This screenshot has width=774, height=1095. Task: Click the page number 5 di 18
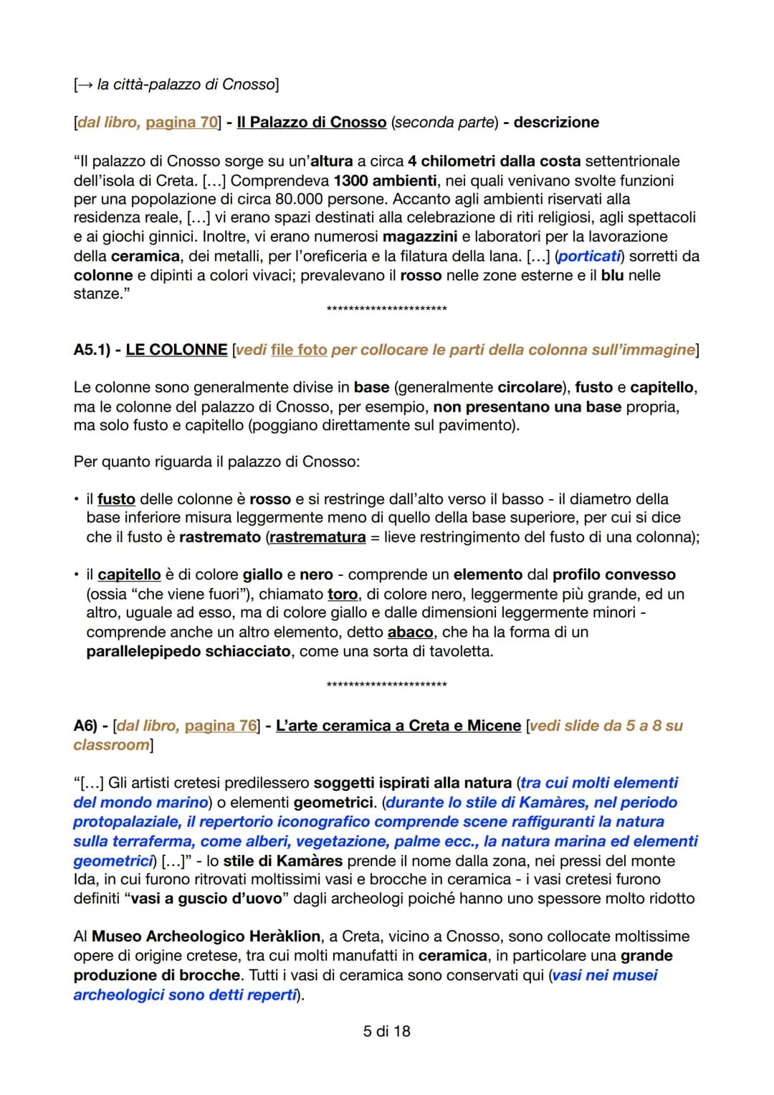click(386, 1031)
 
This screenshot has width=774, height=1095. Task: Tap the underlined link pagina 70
click(181, 123)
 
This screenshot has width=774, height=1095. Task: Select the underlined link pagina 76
click(220, 726)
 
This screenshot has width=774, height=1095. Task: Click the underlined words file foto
click(298, 350)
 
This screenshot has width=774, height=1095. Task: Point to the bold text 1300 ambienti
click(385, 180)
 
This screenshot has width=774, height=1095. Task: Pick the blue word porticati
click(589, 256)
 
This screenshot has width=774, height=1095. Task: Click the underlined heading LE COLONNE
click(176, 350)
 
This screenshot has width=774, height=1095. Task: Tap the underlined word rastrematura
click(317, 537)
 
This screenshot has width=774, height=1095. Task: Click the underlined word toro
click(343, 594)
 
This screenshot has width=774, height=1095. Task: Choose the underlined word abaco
click(410, 632)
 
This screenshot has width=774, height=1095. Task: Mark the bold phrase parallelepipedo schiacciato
click(188, 651)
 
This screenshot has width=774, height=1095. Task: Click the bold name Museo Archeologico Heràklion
click(206, 937)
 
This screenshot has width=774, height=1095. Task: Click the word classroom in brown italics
click(111, 745)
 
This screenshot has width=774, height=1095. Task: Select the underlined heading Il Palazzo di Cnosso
click(312, 123)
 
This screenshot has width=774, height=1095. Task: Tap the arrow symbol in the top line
click(85, 85)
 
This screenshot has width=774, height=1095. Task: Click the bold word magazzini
click(420, 237)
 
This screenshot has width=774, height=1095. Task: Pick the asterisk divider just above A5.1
click(386, 309)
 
